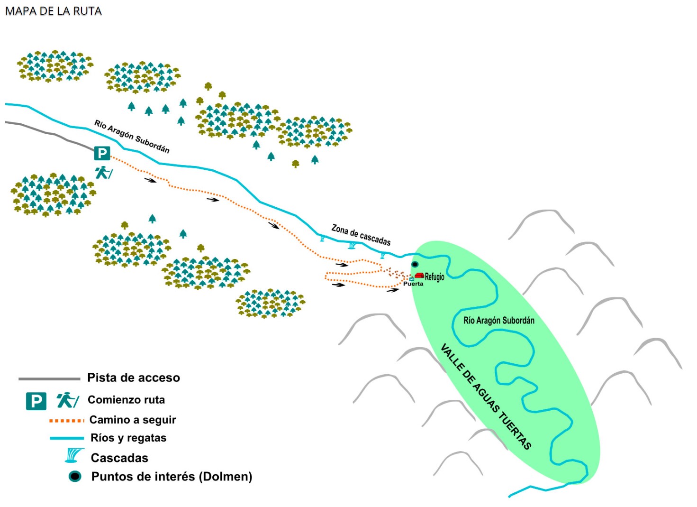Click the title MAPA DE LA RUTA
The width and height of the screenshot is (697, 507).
(53, 11)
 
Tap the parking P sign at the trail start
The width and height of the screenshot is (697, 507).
(102, 153)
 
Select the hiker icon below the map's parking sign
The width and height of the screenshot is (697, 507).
(104, 172)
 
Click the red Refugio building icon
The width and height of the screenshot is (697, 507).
(419, 275)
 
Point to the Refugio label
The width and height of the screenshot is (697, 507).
(434, 277)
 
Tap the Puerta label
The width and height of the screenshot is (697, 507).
(413, 284)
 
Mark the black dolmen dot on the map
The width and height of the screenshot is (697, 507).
(415, 264)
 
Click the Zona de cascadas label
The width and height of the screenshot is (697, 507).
(361, 235)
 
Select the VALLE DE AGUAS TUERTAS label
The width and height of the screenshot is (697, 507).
(486, 396)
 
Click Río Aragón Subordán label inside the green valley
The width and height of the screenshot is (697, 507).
(498, 321)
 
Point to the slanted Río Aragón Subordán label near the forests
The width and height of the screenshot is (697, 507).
(132, 136)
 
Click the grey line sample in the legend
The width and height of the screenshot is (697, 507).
(49, 378)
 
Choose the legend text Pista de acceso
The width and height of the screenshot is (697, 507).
(134, 378)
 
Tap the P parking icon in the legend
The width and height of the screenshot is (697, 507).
(36, 401)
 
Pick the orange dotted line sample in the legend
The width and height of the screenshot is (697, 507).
(67, 420)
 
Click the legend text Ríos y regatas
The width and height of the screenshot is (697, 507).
(128, 438)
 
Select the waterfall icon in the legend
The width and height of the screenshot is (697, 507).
(74, 456)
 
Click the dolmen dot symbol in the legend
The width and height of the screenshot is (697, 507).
(75, 476)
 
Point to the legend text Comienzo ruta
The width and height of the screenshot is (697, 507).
(126, 400)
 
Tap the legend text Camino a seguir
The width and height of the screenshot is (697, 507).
(133, 420)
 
